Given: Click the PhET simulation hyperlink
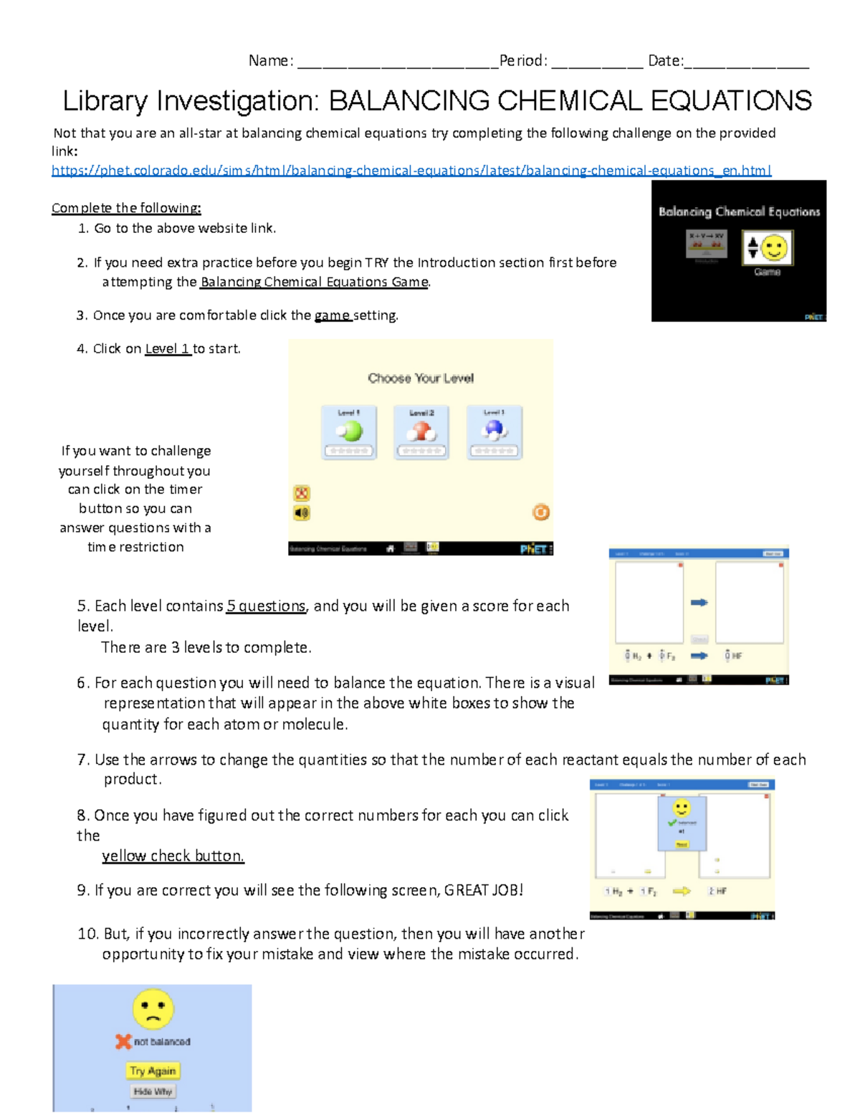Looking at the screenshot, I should pos(411,171).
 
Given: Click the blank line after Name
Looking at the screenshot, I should pos(397,62).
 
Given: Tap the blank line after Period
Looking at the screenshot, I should pos(597,62).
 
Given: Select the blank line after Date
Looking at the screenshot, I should pos(747,62).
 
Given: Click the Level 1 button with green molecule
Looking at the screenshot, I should pos(349,432).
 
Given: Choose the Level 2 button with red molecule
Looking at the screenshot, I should pos(421,432).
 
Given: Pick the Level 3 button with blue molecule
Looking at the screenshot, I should pos(494,432).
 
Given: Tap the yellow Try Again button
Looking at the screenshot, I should pos(153,1071).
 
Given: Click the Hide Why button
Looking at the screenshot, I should pos(153,1091).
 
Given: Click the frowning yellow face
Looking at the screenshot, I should pos(153,1009).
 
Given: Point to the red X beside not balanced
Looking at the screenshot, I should pos(123,1041).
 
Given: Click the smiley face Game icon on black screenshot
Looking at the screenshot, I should pos(768,248).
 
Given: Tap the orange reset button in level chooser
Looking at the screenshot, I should pos(540,512).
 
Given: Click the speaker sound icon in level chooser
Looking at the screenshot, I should pos(302,512).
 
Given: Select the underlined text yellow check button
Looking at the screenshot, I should pos(173,856).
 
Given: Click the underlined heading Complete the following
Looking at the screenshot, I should pos(126,208).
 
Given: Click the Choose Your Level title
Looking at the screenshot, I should pos(421,378).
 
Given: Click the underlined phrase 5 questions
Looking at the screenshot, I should pos(266,606).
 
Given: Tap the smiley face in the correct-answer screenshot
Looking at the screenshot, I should pos(682,808).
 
